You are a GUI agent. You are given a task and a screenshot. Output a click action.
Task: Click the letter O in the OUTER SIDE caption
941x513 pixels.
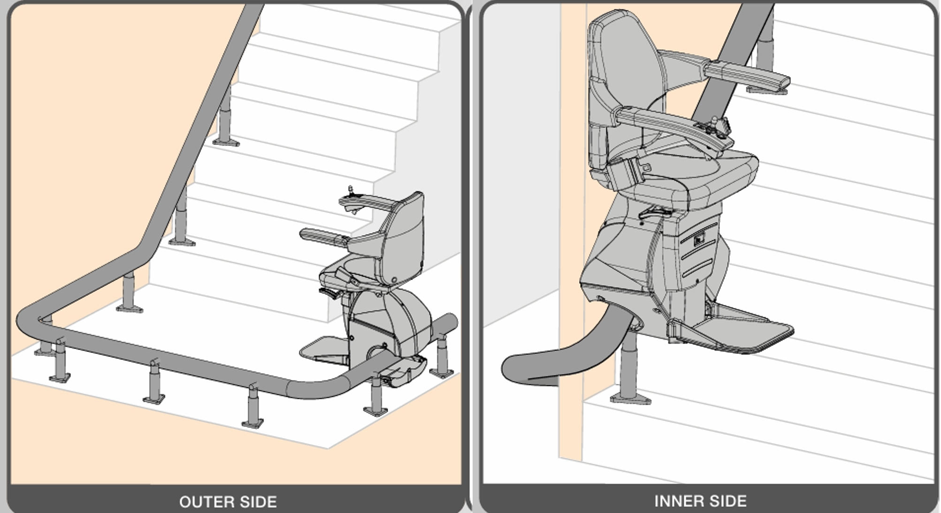pyautogui.click(x=185, y=502)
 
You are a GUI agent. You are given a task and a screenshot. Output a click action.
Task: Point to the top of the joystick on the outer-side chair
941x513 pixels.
pyautogui.click(x=350, y=188)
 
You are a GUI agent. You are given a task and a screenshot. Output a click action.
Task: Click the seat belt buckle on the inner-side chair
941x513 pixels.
pyautogui.click(x=627, y=171)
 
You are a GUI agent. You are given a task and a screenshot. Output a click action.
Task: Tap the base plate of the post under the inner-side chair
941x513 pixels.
pyautogui.click(x=631, y=399)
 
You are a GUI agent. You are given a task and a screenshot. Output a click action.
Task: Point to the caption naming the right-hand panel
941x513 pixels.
pyautogui.click(x=701, y=501)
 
